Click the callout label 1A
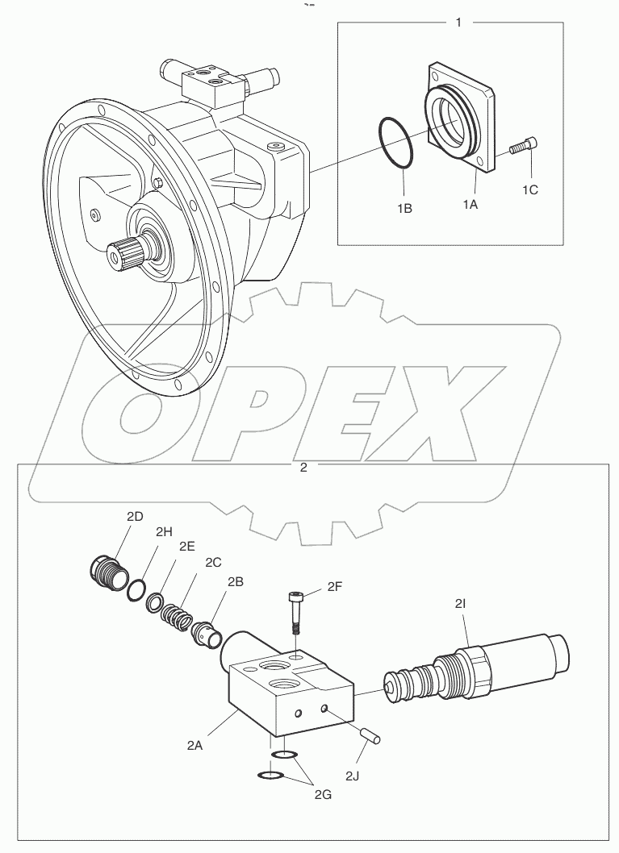(470, 205)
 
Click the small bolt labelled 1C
(524, 146)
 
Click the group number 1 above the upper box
(459, 23)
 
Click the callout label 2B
(236, 581)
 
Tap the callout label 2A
(194, 746)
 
